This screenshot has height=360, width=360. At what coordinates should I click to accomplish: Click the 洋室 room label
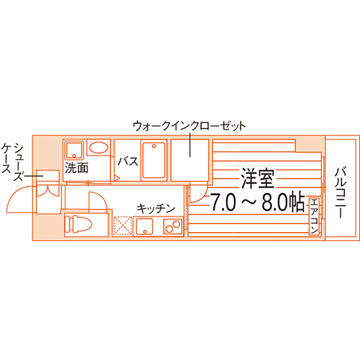pos(258,179)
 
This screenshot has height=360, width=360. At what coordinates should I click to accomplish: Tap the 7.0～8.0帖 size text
pos(257,202)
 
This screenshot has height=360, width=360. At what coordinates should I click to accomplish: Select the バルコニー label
pos(340,192)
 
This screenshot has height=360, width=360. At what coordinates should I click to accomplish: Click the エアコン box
pos(314,217)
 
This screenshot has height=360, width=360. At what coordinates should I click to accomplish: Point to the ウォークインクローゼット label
pos(190,126)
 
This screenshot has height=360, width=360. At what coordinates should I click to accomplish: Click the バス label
pos(128,161)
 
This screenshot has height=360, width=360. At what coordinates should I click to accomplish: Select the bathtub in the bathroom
pos(154,161)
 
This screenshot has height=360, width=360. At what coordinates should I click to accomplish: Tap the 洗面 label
pos(76,168)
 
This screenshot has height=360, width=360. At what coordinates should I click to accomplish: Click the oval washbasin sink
pos(99,148)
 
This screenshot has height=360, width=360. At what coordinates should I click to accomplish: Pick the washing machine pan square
pos(74,150)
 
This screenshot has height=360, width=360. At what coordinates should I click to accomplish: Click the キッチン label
pos(156,209)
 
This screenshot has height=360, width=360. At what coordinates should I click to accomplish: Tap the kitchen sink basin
pos(145,226)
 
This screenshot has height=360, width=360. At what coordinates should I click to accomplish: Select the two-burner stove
pos(173,226)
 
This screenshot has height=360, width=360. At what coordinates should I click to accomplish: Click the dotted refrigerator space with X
pos(123,226)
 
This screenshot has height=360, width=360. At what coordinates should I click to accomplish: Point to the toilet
pos(78,224)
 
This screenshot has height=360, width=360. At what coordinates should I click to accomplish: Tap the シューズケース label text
pos(13,161)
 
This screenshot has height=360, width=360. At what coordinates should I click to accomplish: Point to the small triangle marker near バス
pos(117,177)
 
